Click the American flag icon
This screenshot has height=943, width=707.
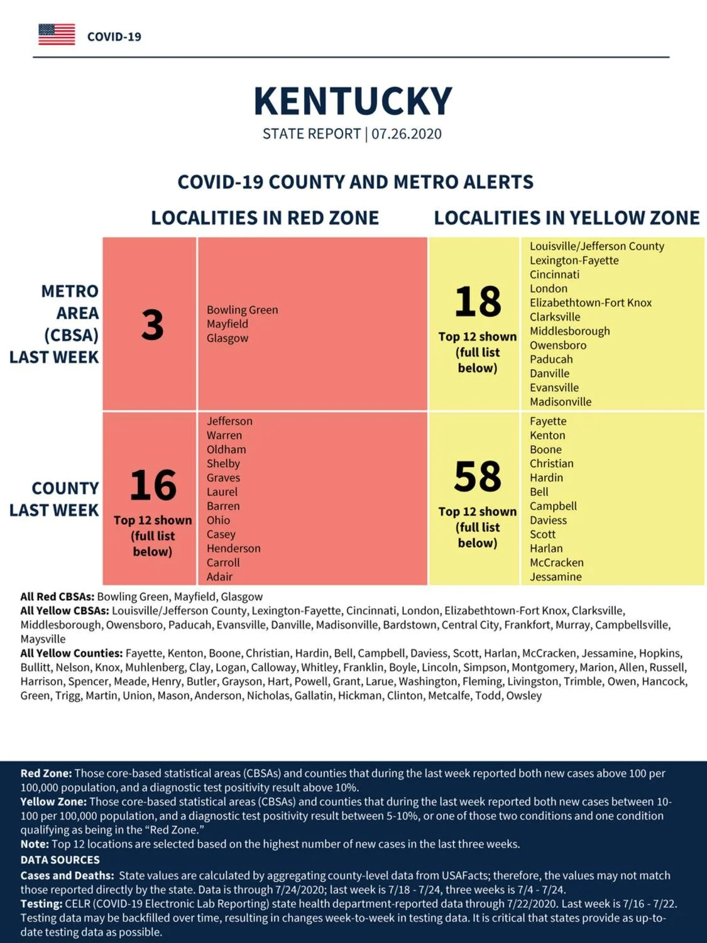pyautogui.click(x=57, y=35)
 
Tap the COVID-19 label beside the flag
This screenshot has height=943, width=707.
pyautogui.click(x=114, y=37)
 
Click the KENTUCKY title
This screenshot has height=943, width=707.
pyautogui.click(x=353, y=101)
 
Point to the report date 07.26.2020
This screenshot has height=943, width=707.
pyautogui.click(x=407, y=134)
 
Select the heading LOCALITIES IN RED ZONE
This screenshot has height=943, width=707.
pyautogui.click(x=265, y=218)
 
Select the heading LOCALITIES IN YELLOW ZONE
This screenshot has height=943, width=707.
pyautogui.click(x=567, y=218)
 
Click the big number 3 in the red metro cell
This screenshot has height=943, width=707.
pyautogui.click(x=152, y=325)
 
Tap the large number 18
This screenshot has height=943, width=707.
pyautogui.click(x=478, y=302)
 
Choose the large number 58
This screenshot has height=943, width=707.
pyautogui.click(x=478, y=477)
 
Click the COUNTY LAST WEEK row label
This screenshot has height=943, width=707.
pyautogui.click(x=55, y=499)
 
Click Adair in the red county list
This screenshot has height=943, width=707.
pyautogui.click(x=219, y=576)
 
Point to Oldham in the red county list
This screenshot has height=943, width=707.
pyautogui.click(x=226, y=449)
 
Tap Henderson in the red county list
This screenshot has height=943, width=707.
pyautogui.click(x=234, y=548)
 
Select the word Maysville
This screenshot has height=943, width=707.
pyautogui.click(x=43, y=639)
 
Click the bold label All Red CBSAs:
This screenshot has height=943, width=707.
pyautogui.click(x=57, y=597)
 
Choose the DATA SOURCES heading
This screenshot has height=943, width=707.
pyautogui.click(x=60, y=859)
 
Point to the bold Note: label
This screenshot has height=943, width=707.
pyautogui.click(x=35, y=844)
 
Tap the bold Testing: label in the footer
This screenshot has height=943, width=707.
pyautogui.click(x=41, y=904)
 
